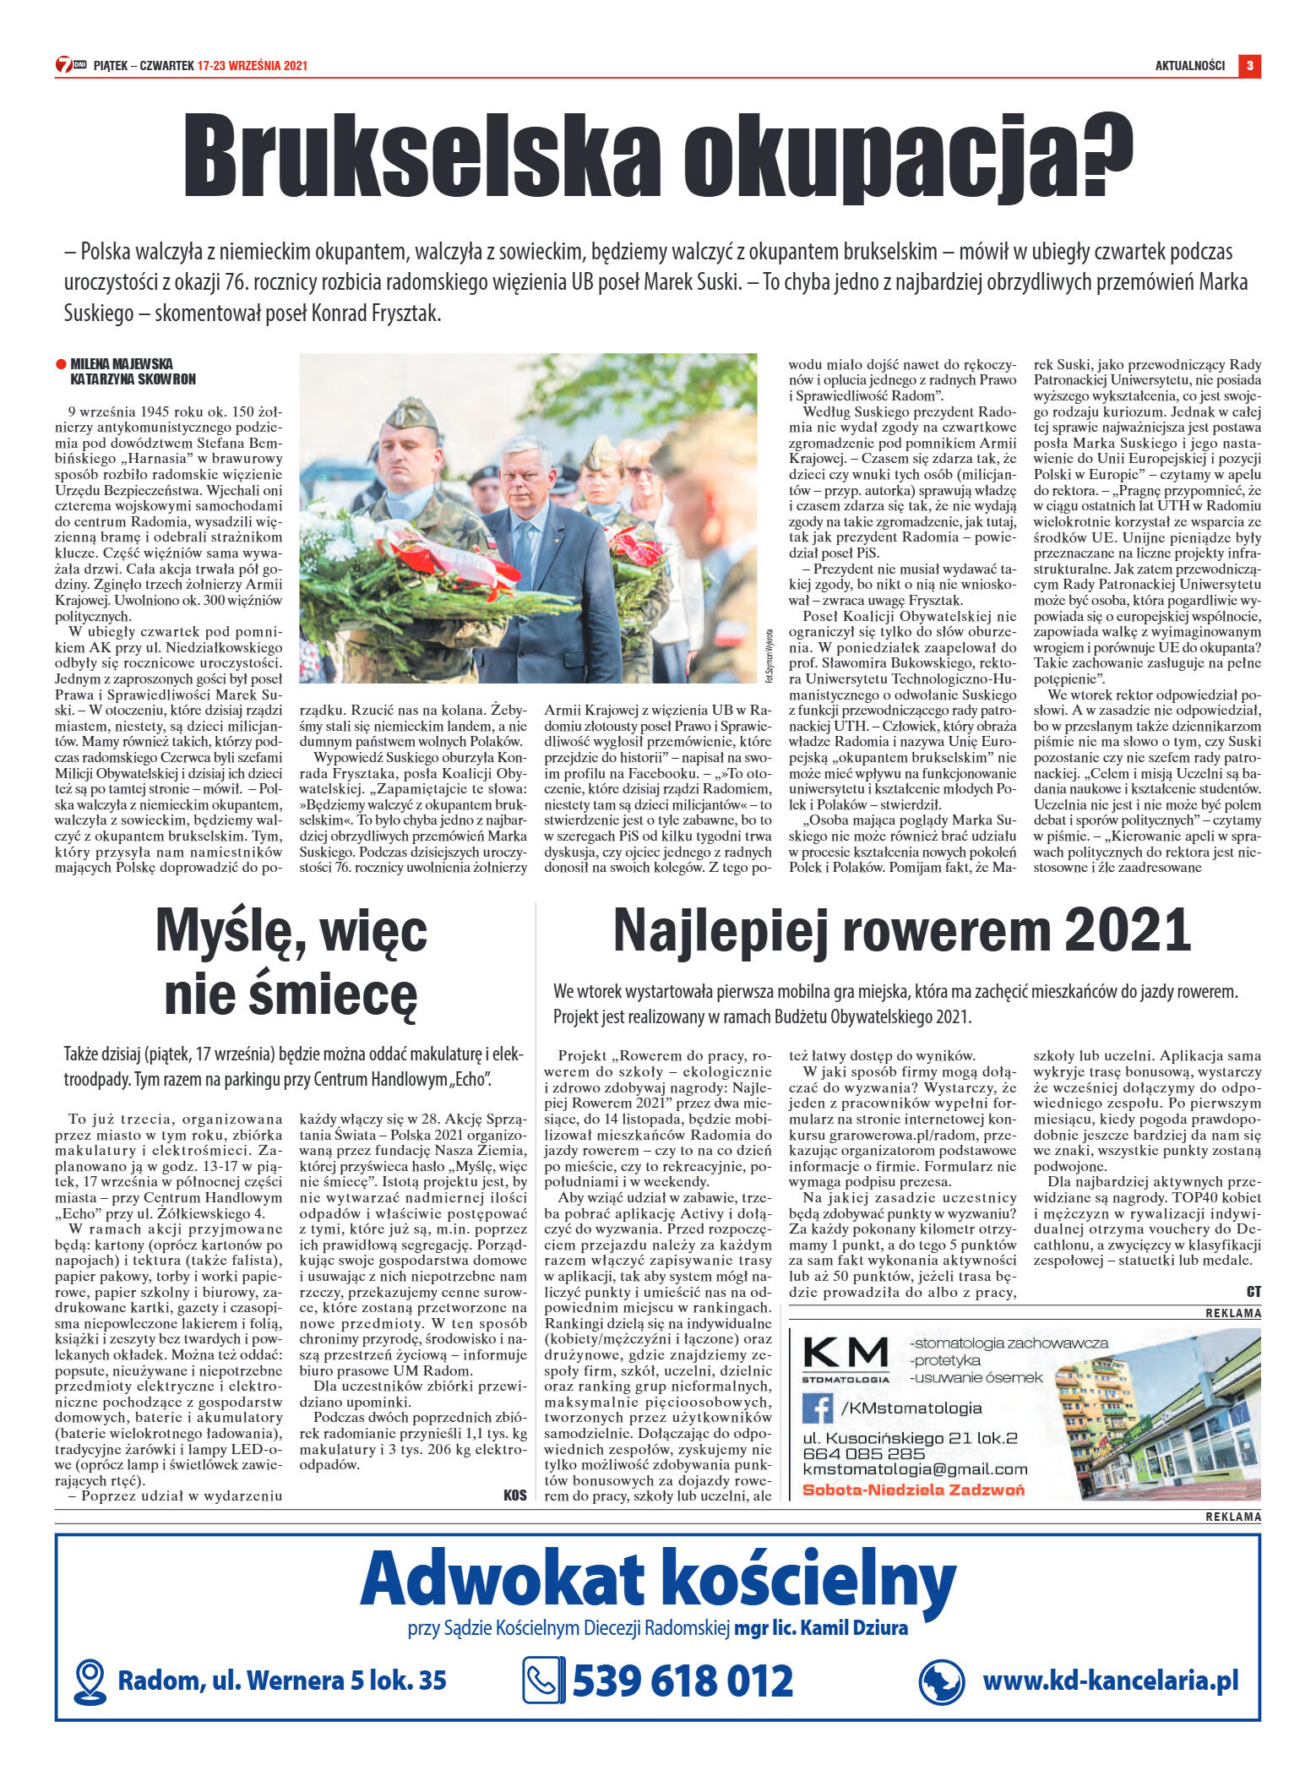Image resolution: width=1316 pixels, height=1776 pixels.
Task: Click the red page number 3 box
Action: (x=1249, y=66)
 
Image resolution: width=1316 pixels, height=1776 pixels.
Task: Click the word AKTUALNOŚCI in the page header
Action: (x=1189, y=66)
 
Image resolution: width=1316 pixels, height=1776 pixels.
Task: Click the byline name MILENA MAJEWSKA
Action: (x=122, y=364)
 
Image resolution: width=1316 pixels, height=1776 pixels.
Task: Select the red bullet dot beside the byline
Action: (x=61, y=364)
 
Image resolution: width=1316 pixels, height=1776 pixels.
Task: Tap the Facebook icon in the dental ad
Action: (x=817, y=1408)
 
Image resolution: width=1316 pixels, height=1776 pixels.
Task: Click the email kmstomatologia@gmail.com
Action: (x=914, y=1469)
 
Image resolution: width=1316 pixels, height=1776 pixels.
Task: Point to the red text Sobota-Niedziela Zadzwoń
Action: (x=912, y=1490)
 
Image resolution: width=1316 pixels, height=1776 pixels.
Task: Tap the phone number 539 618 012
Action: (x=682, y=1681)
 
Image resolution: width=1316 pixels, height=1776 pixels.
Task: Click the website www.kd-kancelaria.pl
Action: (x=1110, y=1681)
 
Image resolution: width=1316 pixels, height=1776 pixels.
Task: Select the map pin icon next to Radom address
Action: (x=90, y=1681)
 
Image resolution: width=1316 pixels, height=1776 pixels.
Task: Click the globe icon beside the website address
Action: (x=941, y=1681)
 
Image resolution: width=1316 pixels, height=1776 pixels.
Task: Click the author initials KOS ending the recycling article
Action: (x=514, y=1495)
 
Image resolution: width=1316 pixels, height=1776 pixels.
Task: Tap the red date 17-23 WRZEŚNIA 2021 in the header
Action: (x=252, y=66)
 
